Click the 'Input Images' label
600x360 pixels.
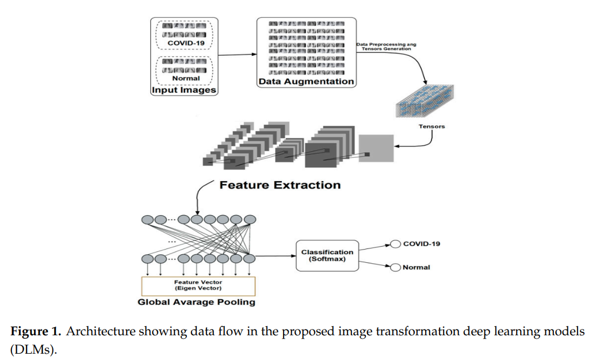pos(184,90)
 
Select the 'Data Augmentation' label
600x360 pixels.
pos(306,82)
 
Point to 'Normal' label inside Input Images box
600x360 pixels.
pos(186,78)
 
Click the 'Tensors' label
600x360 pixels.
pos(433,127)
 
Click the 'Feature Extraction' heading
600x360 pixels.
pos(280,185)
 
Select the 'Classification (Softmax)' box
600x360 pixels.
pos(327,255)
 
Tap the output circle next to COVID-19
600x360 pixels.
pos(395,244)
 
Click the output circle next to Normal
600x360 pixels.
pos(395,267)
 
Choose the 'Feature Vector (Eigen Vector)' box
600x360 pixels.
pos(198,286)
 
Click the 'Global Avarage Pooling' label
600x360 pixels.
pos(196,302)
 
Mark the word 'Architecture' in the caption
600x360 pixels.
pos(94,332)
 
